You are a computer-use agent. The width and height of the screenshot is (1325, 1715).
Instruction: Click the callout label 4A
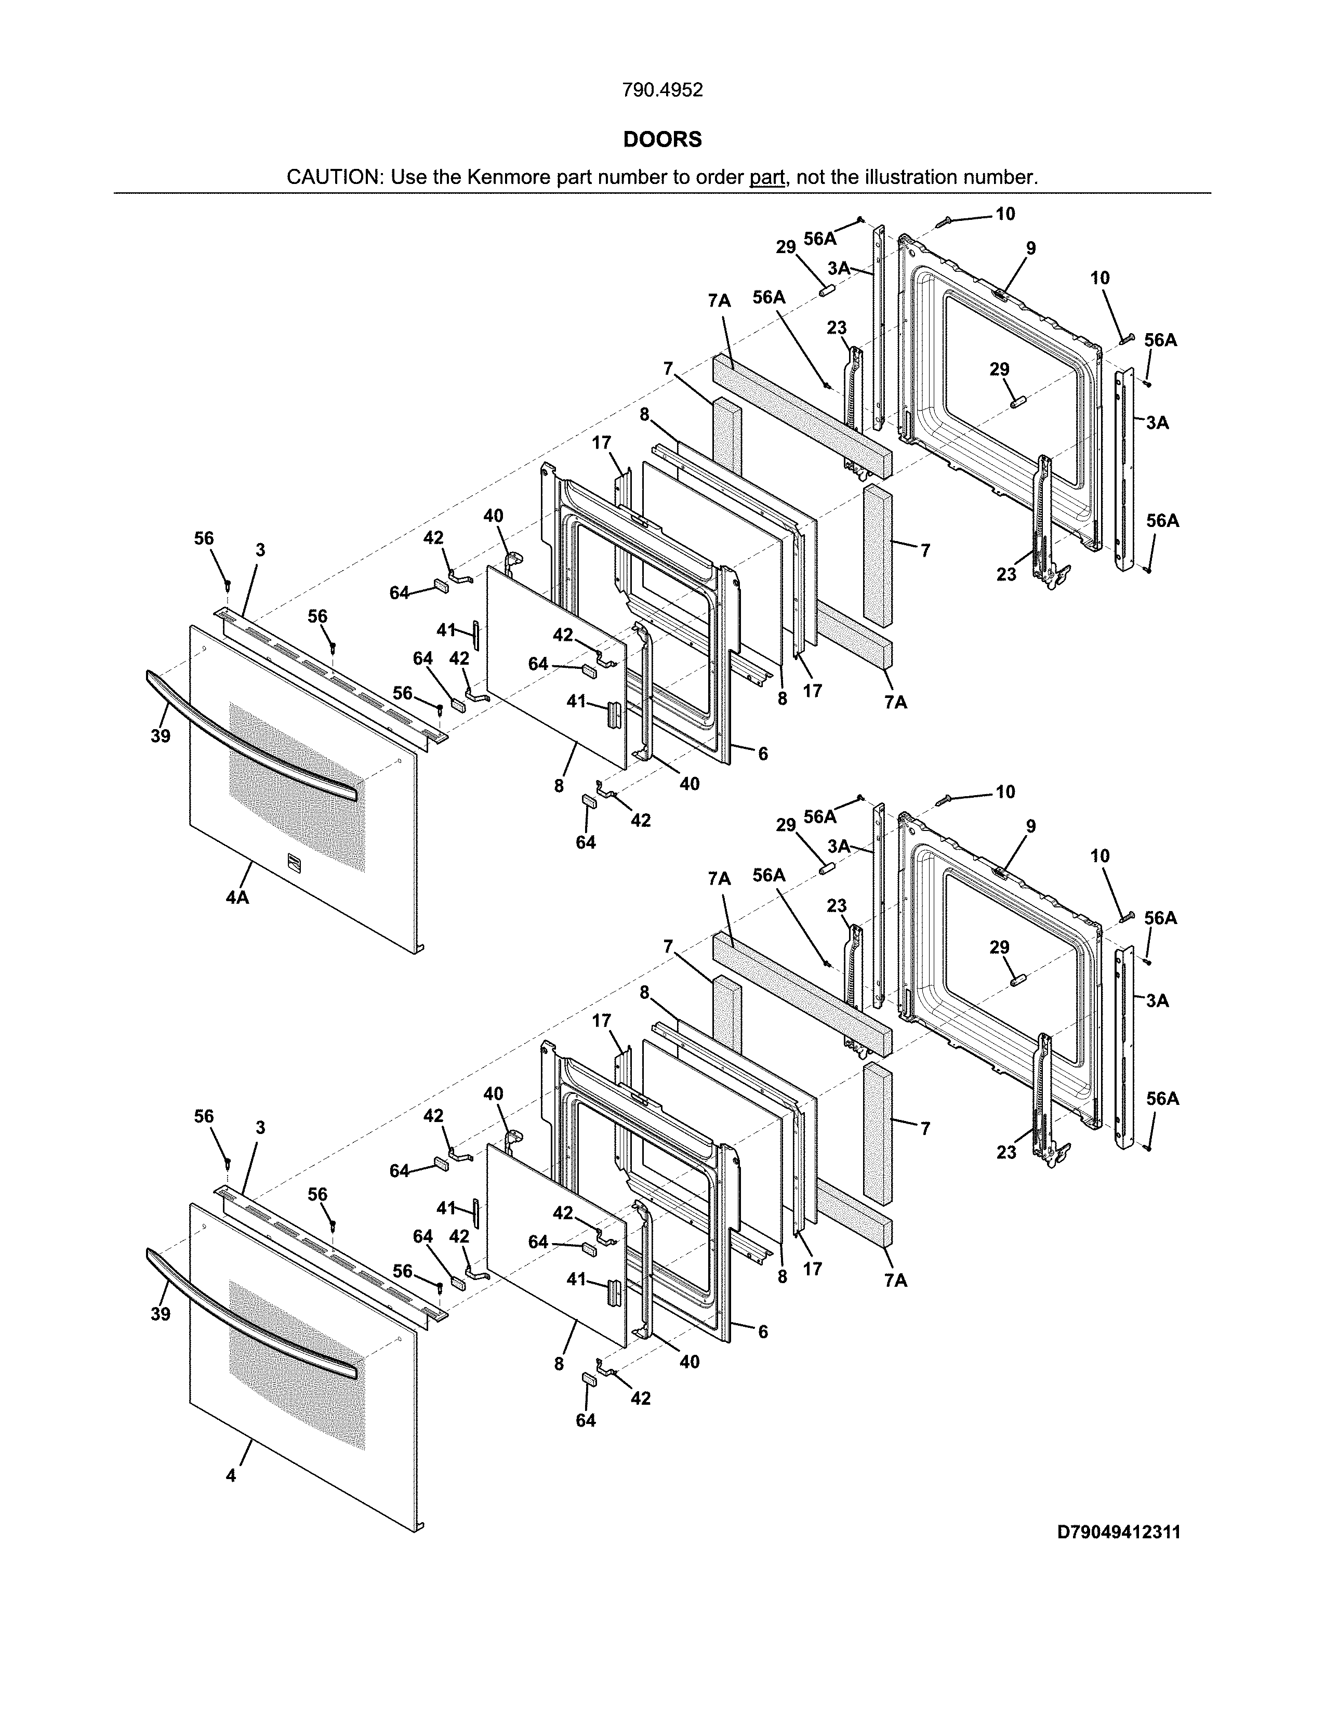pyautogui.click(x=237, y=897)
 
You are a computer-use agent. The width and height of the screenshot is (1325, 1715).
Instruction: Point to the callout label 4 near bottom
pyautogui.click(x=231, y=1475)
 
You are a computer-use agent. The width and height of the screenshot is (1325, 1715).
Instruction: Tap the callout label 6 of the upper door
pyautogui.click(x=763, y=754)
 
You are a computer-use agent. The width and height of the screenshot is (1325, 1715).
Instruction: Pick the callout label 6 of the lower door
pyautogui.click(x=763, y=1332)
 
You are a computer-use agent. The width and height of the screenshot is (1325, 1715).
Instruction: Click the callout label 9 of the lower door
pyautogui.click(x=1031, y=826)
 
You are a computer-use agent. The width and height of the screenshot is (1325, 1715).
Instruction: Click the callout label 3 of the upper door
pyautogui.click(x=260, y=550)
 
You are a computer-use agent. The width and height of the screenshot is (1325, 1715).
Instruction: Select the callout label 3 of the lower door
pyautogui.click(x=260, y=1128)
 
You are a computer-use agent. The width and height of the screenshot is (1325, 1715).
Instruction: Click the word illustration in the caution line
pyautogui.click(x=911, y=177)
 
